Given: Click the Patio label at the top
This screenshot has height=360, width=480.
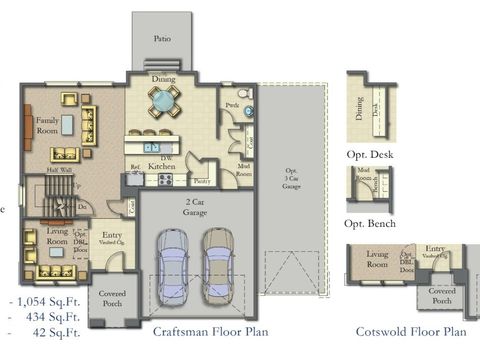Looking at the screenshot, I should (161, 38).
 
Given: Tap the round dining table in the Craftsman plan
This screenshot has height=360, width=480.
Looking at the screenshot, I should (162, 99).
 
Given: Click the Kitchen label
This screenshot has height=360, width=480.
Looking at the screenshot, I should (161, 166).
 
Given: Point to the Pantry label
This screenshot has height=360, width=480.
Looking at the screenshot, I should (200, 181).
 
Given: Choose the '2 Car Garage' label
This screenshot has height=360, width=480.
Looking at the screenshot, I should (195, 206).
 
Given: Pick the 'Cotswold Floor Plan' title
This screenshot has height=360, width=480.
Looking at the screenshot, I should (411, 332).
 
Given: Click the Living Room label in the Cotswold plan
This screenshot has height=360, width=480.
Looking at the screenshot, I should (377, 259).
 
